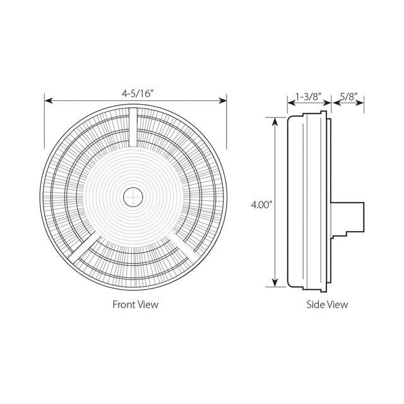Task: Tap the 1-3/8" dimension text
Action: click(x=308, y=98)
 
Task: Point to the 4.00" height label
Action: click(x=261, y=204)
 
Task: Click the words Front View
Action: click(x=135, y=304)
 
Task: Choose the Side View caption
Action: click(x=327, y=304)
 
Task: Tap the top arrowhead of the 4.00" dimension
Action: click(x=275, y=121)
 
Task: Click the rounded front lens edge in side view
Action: click(x=291, y=202)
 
